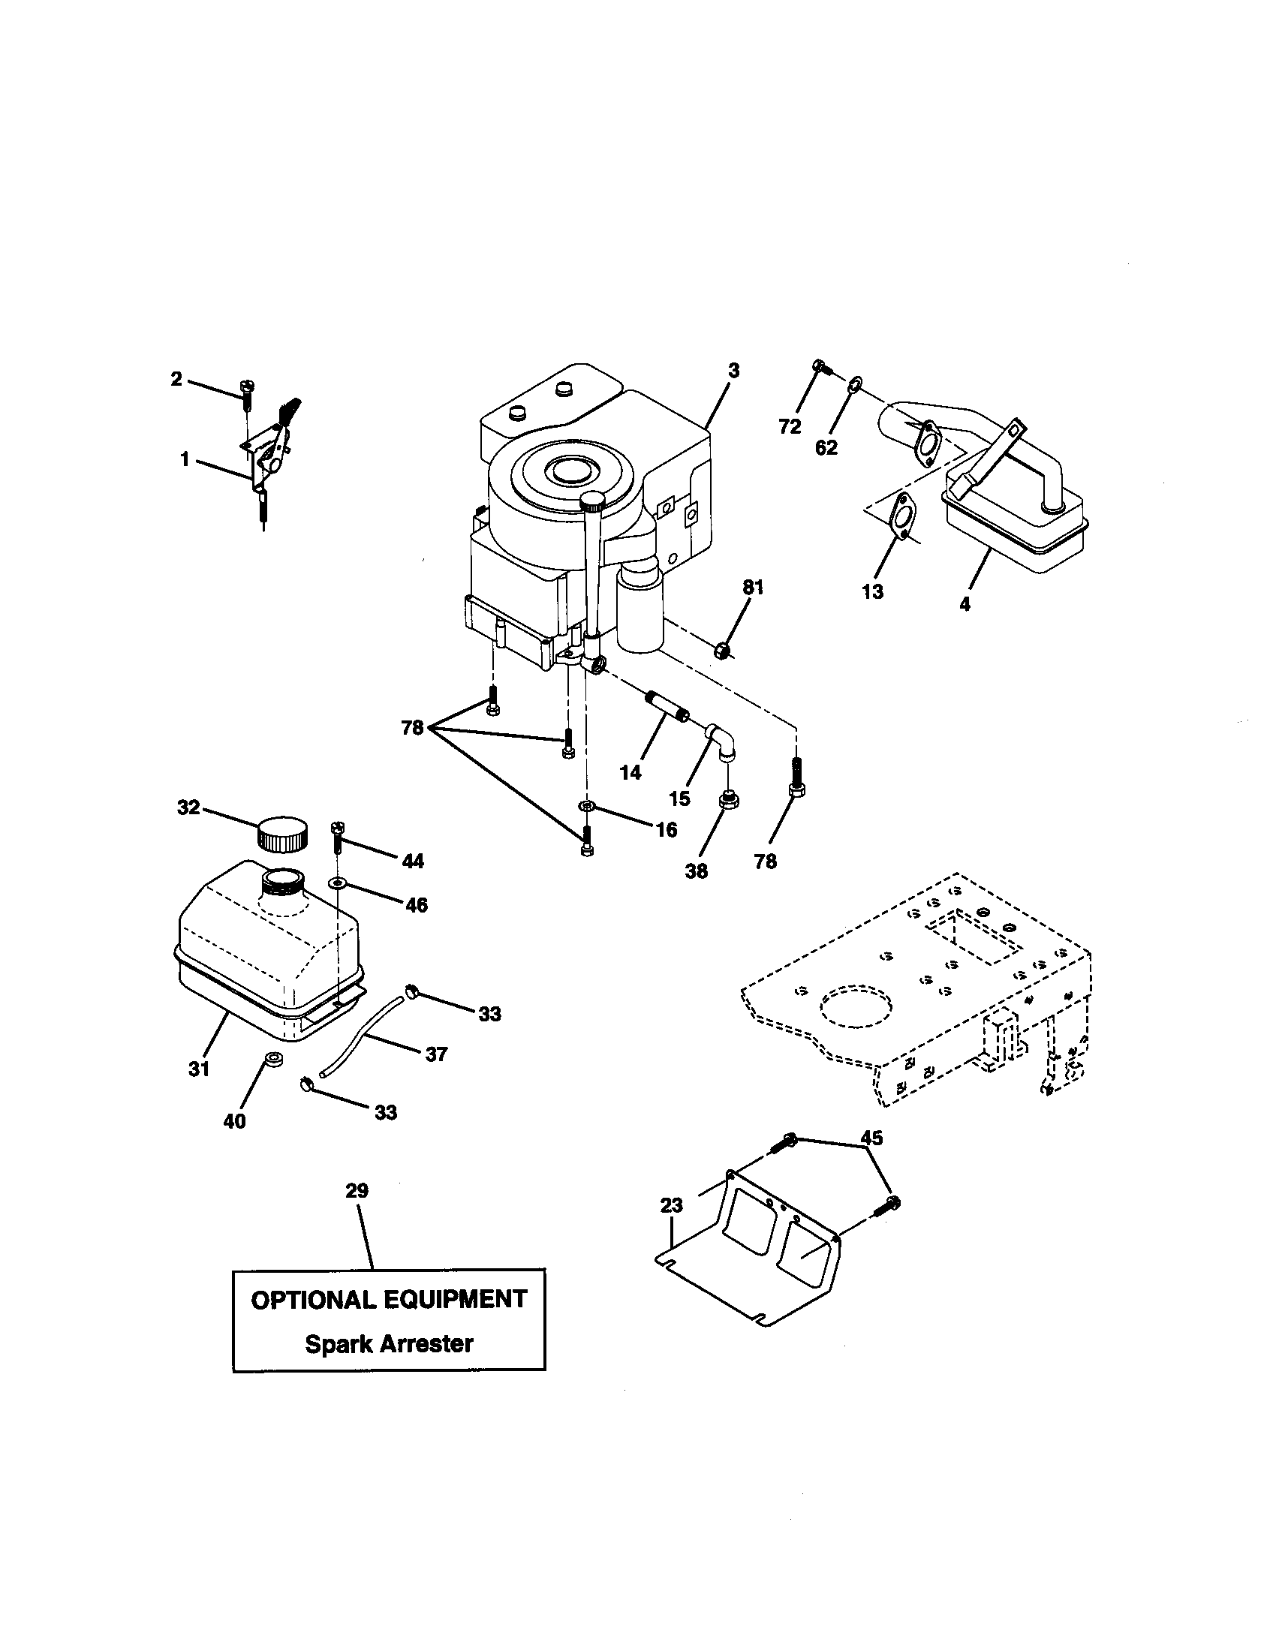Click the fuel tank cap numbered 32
282,834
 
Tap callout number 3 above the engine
733,371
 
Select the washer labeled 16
587,807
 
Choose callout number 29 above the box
357,1192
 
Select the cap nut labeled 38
727,800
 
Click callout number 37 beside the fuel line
436,1054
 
